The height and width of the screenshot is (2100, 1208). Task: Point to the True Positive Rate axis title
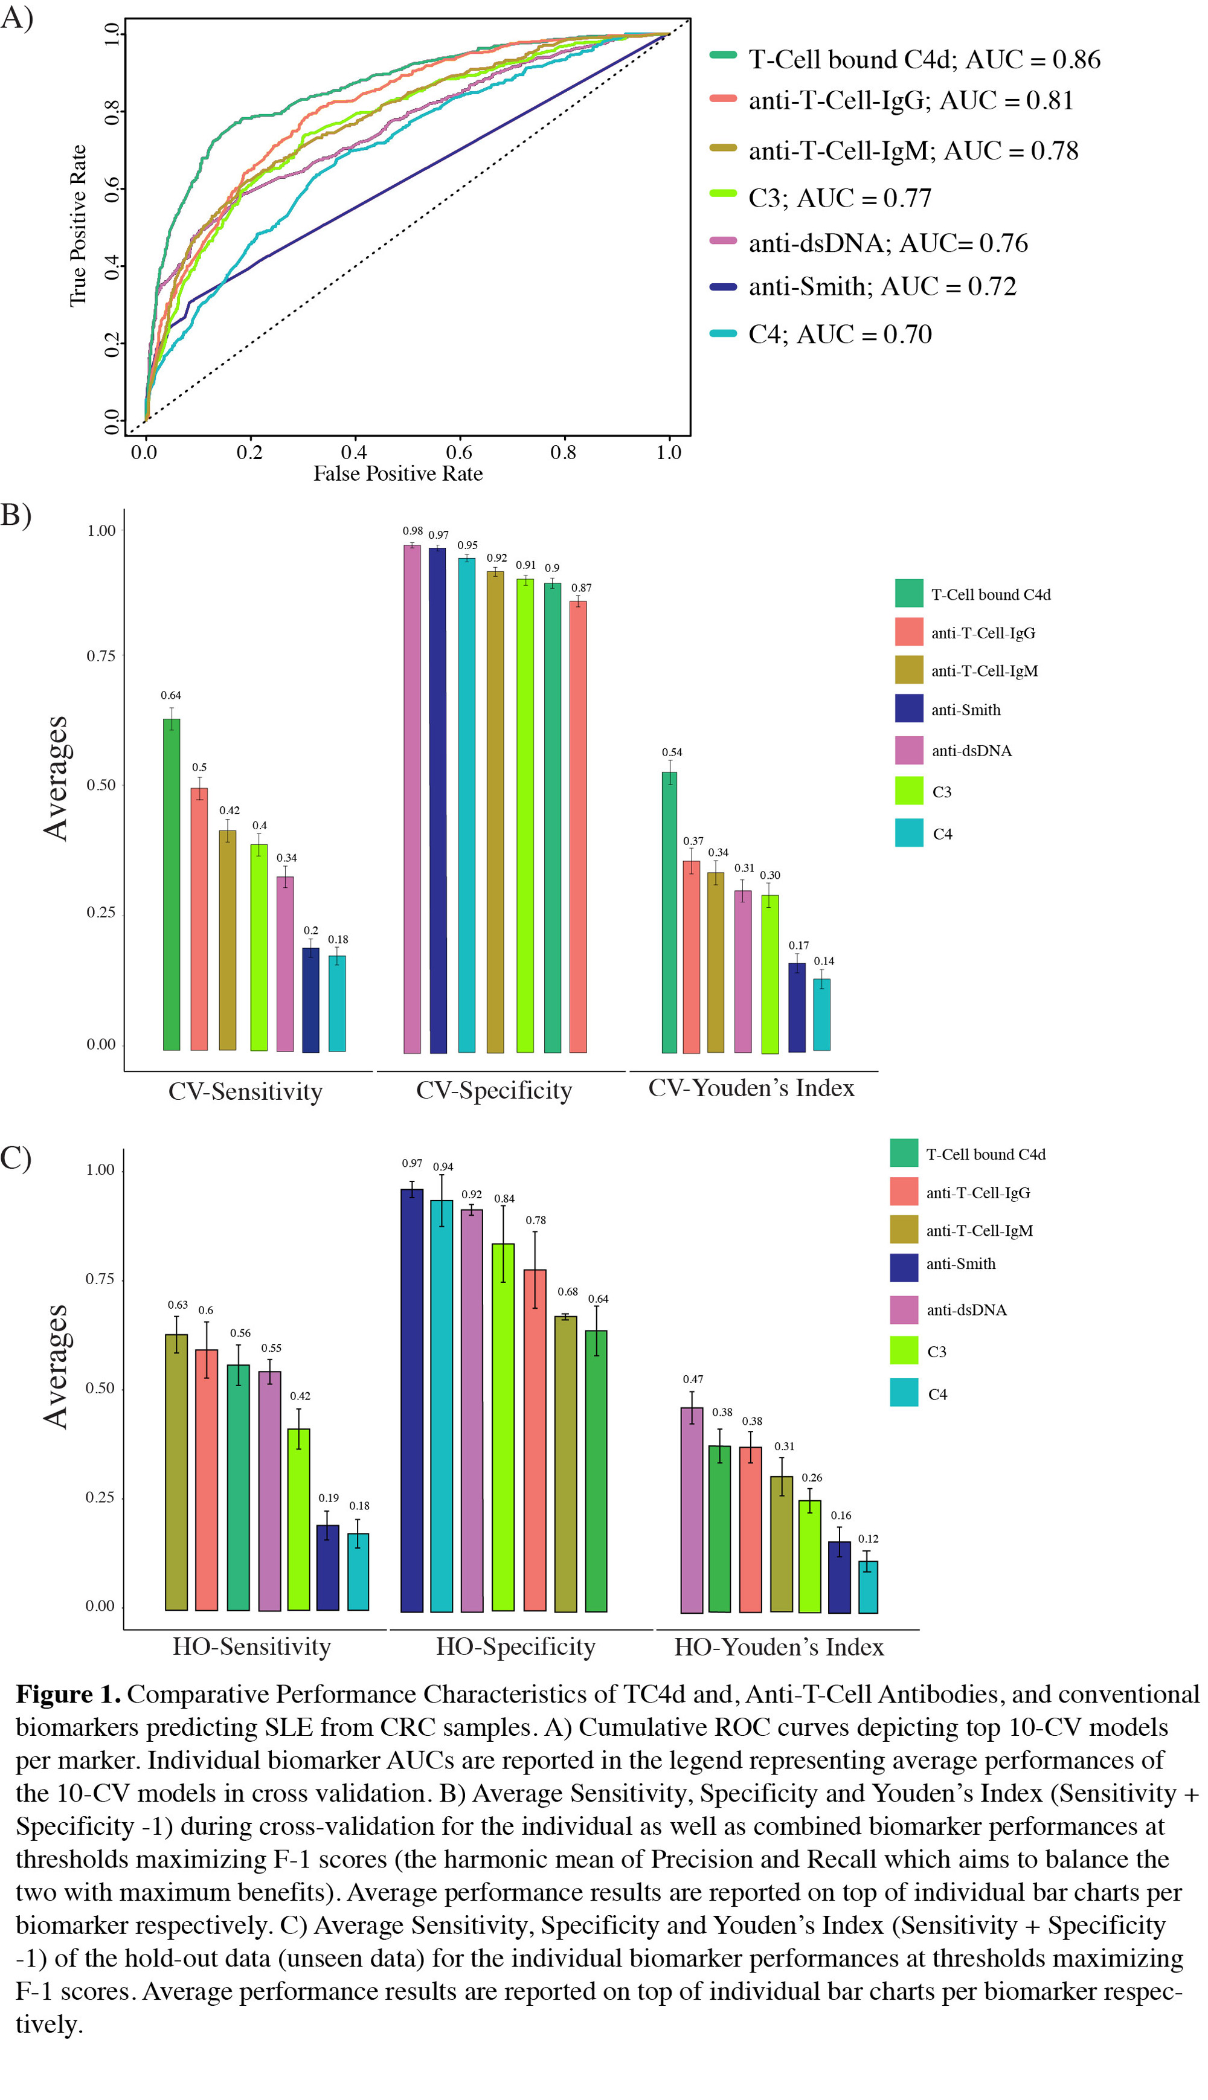point(78,226)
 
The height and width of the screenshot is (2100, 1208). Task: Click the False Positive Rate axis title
point(397,474)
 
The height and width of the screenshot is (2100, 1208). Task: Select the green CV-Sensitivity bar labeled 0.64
point(171,884)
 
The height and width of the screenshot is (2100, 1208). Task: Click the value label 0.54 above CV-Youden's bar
point(672,753)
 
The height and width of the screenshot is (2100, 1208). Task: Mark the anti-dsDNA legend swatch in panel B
point(909,751)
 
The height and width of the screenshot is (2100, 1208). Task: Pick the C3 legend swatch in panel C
point(904,1351)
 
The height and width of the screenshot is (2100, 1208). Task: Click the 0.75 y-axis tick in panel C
point(100,1279)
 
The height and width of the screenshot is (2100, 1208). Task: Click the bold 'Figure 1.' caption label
point(68,1694)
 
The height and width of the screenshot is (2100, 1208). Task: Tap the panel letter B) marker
point(16,515)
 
